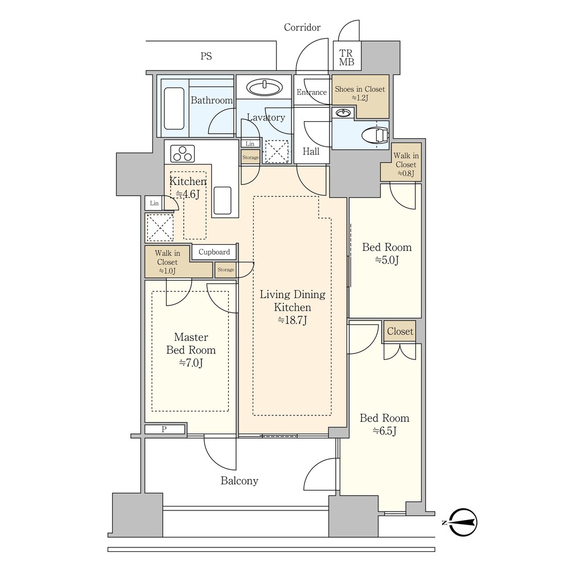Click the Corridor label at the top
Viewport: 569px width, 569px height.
(302, 27)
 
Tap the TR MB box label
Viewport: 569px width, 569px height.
(347, 57)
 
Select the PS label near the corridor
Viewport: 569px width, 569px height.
(206, 56)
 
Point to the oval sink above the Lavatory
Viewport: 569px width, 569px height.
(265, 88)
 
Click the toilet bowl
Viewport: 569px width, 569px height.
(375, 135)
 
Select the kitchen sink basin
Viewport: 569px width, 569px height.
(222, 201)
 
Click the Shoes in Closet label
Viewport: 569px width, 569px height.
(360, 93)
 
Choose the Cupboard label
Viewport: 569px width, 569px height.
(214, 252)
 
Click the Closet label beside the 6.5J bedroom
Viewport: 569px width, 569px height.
(400, 331)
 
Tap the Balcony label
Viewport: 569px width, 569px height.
(240, 481)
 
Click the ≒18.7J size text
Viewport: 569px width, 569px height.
(292, 320)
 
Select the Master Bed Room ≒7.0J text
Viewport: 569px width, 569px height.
(191, 350)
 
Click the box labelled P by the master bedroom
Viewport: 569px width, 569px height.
(165, 429)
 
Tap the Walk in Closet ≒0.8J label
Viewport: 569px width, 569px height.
(406, 164)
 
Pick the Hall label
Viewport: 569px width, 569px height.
(311, 151)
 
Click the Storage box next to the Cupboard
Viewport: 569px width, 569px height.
(226, 270)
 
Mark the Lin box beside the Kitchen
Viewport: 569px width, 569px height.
(154, 203)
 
